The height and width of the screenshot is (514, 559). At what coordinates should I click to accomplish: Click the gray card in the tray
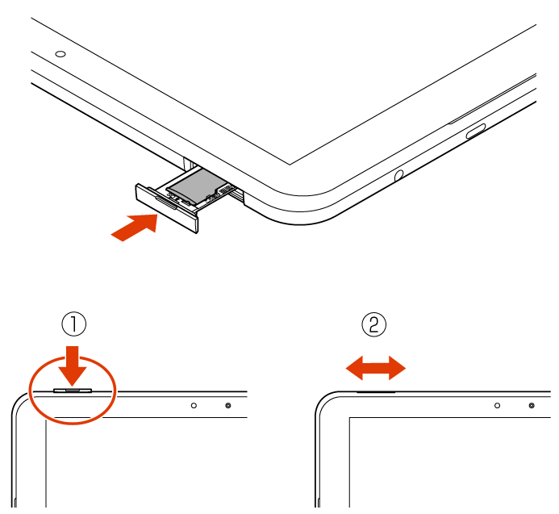click(x=197, y=184)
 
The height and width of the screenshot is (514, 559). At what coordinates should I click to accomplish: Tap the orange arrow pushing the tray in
click(x=135, y=227)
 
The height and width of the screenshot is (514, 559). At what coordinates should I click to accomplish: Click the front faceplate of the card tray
click(x=166, y=208)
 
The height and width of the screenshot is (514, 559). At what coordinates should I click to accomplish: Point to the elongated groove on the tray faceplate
click(x=165, y=203)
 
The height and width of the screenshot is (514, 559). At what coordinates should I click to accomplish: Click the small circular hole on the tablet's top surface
click(x=60, y=54)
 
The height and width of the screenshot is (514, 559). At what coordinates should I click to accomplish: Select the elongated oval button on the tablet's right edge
click(x=476, y=131)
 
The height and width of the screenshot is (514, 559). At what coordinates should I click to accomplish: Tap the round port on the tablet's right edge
click(x=399, y=175)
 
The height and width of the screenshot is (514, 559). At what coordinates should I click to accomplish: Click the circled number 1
click(x=73, y=324)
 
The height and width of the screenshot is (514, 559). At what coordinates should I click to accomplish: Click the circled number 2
click(x=374, y=324)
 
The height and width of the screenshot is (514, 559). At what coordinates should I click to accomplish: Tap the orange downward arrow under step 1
click(x=73, y=366)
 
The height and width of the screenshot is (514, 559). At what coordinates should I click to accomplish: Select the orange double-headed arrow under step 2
click(x=376, y=368)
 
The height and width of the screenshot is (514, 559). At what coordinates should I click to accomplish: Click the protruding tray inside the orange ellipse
click(x=73, y=391)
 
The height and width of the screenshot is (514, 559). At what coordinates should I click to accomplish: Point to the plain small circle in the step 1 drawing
click(x=194, y=406)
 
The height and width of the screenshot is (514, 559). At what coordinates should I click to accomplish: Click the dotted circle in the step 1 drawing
click(x=228, y=406)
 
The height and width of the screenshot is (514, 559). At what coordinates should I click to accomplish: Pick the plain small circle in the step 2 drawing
click(x=498, y=406)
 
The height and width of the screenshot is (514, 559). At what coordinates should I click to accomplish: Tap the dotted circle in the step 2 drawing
click(x=532, y=406)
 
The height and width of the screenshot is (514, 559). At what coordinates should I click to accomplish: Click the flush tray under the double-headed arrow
click(x=376, y=392)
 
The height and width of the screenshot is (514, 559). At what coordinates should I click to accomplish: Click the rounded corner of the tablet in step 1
click(x=18, y=399)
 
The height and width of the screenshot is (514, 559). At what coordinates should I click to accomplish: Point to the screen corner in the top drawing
click(x=290, y=165)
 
